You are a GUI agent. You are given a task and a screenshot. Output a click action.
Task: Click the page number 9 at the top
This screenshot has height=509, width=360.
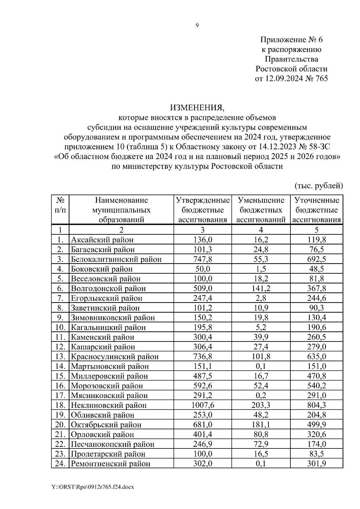pos(197,25)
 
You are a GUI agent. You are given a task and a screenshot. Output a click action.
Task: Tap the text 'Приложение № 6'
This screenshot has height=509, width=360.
pos(291,40)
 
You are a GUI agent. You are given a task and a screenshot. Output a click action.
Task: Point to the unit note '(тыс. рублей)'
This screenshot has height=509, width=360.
pos(319,186)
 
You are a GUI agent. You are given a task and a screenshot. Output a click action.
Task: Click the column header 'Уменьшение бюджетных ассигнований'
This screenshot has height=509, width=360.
pos(261,210)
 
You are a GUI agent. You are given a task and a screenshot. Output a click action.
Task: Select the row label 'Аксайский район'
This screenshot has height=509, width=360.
pos(102,240)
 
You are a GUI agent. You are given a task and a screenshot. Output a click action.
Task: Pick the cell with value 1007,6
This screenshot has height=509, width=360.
pos(202,405)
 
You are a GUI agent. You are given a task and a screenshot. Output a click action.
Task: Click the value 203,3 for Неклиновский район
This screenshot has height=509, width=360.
pos(261,405)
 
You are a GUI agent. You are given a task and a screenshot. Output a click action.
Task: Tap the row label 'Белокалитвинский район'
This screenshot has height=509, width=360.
pos(116,259)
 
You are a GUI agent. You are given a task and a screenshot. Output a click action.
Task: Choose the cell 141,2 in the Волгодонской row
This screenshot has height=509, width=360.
pos(261,288)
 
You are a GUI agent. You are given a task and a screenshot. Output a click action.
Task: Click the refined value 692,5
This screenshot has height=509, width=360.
pos(316,259)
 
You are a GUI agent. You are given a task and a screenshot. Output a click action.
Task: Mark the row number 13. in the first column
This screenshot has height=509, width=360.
pos(60,357)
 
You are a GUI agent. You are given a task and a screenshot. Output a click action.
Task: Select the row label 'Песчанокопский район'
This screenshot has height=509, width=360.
pos(112,444)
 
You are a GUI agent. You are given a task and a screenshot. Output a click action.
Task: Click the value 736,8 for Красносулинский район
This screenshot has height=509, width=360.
pos(202,357)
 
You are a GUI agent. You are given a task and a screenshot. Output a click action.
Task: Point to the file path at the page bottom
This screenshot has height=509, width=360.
pos(93,487)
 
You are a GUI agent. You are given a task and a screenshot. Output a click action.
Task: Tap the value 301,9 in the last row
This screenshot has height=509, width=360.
pos(316,464)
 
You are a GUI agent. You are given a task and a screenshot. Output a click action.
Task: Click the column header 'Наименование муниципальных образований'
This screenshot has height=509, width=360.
pos(121,210)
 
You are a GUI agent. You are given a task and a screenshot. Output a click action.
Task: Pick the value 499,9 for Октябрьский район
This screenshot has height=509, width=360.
pos(316,425)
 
